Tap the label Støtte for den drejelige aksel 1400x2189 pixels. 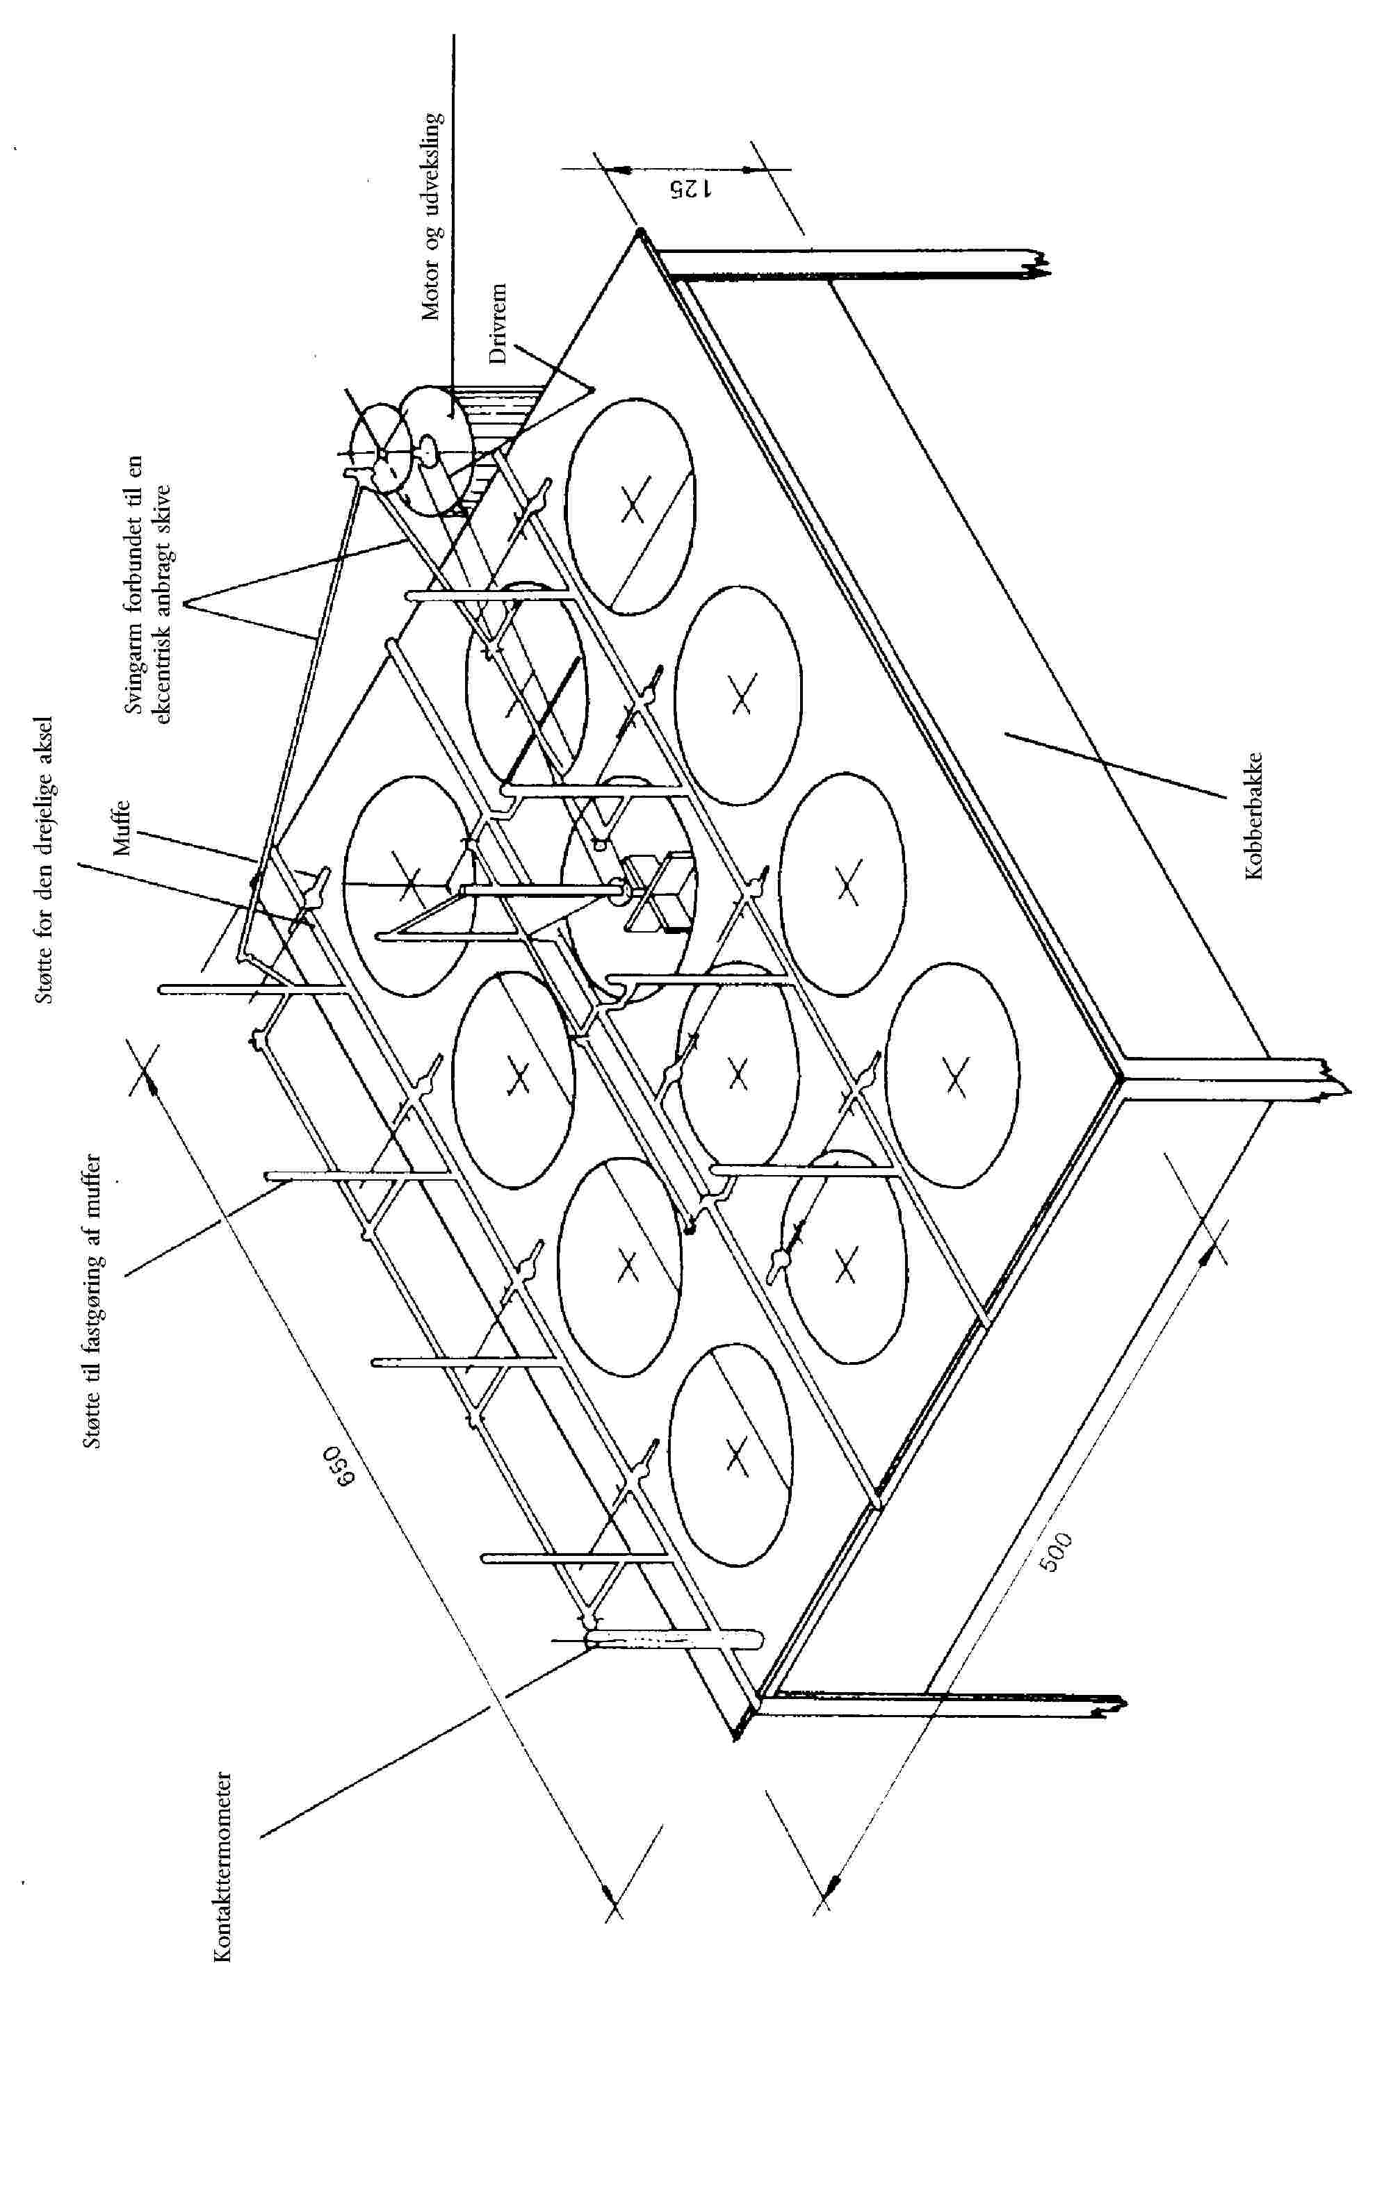[44, 860]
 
